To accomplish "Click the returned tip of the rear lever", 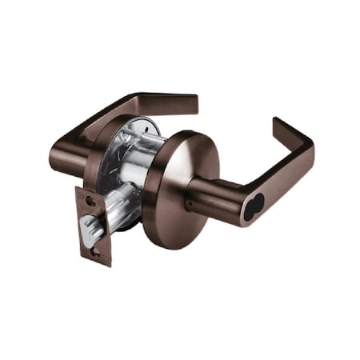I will (189, 103).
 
